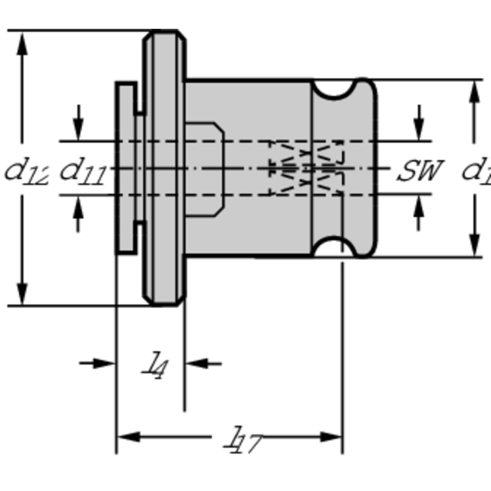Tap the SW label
tap(419, 170)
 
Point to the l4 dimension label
tap(154, 366)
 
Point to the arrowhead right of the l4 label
tap(194, 363)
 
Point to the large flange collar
tap(165, 168)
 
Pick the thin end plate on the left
tap(125, 168)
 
